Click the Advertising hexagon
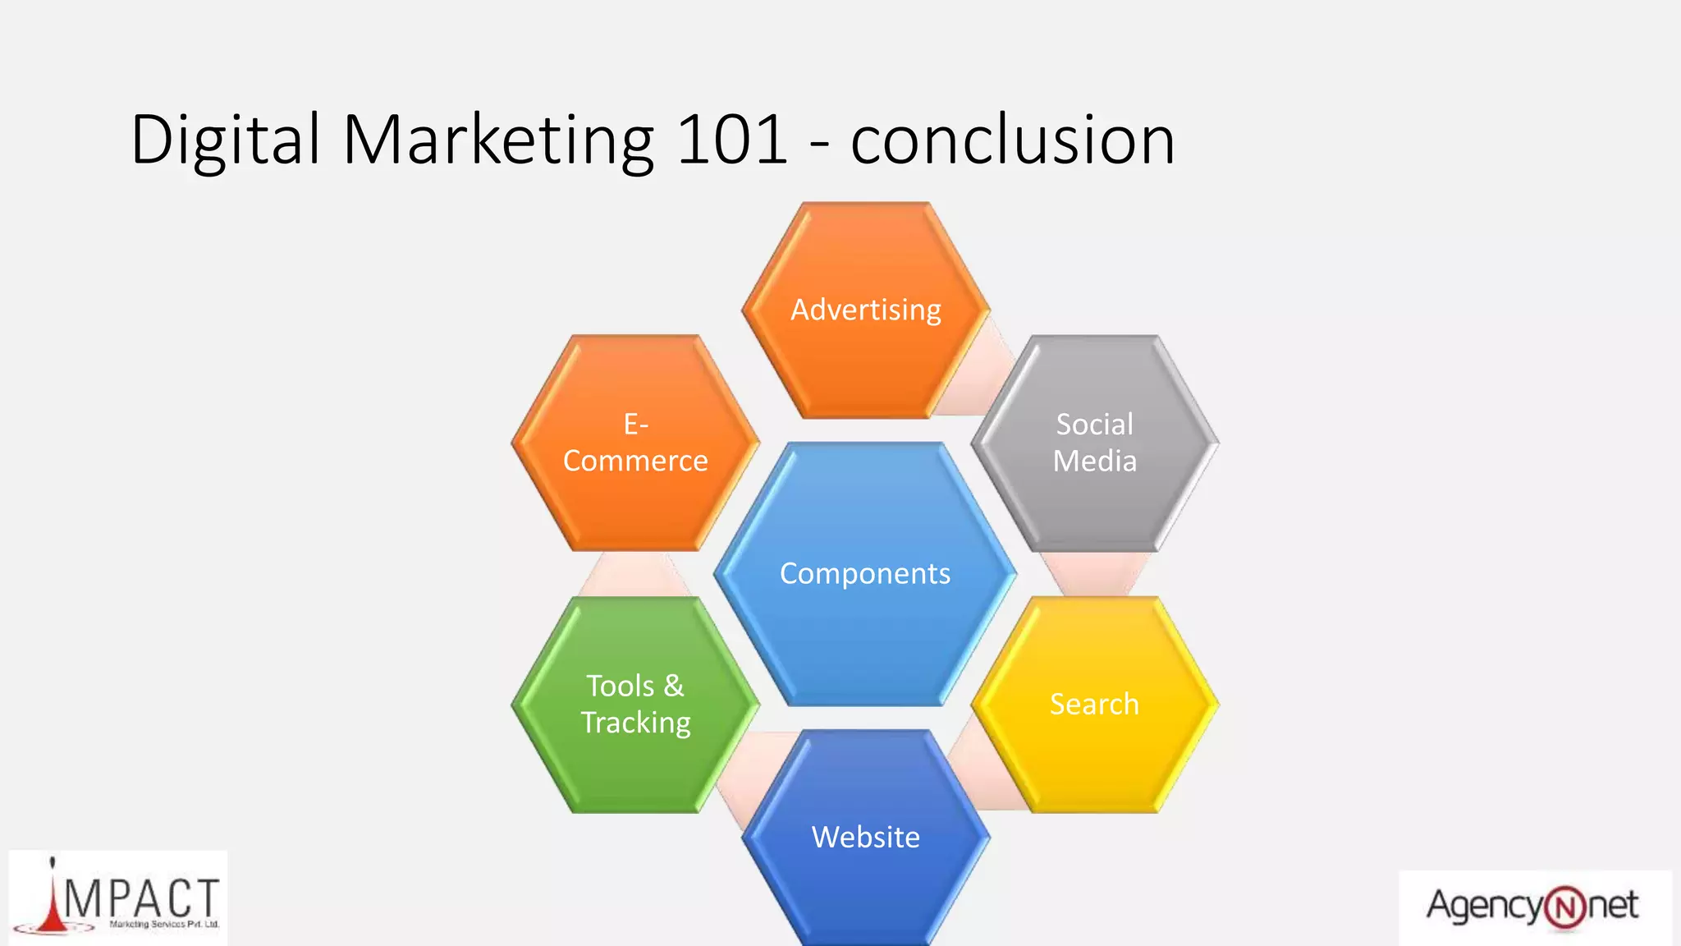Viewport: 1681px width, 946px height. point(866,310)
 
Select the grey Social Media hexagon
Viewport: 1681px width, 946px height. point(1095,443)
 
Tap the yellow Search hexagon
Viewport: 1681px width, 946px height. point(1095,705)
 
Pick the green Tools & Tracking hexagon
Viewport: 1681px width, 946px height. point(635,705)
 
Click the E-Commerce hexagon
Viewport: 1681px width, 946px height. point(635,443)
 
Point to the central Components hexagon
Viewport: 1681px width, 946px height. point(865,573)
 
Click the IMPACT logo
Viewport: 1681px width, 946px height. point(118,899)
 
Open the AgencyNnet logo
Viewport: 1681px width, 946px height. point(1533,907)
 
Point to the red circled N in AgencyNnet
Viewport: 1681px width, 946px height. point(1565,908)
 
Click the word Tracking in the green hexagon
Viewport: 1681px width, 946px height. point(636,723)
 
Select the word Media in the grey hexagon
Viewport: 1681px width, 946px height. point(1095,462)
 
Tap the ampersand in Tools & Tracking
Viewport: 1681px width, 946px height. point(674,686)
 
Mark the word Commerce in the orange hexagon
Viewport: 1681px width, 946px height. point(635,462)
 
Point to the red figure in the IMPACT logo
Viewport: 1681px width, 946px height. point(54,903)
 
